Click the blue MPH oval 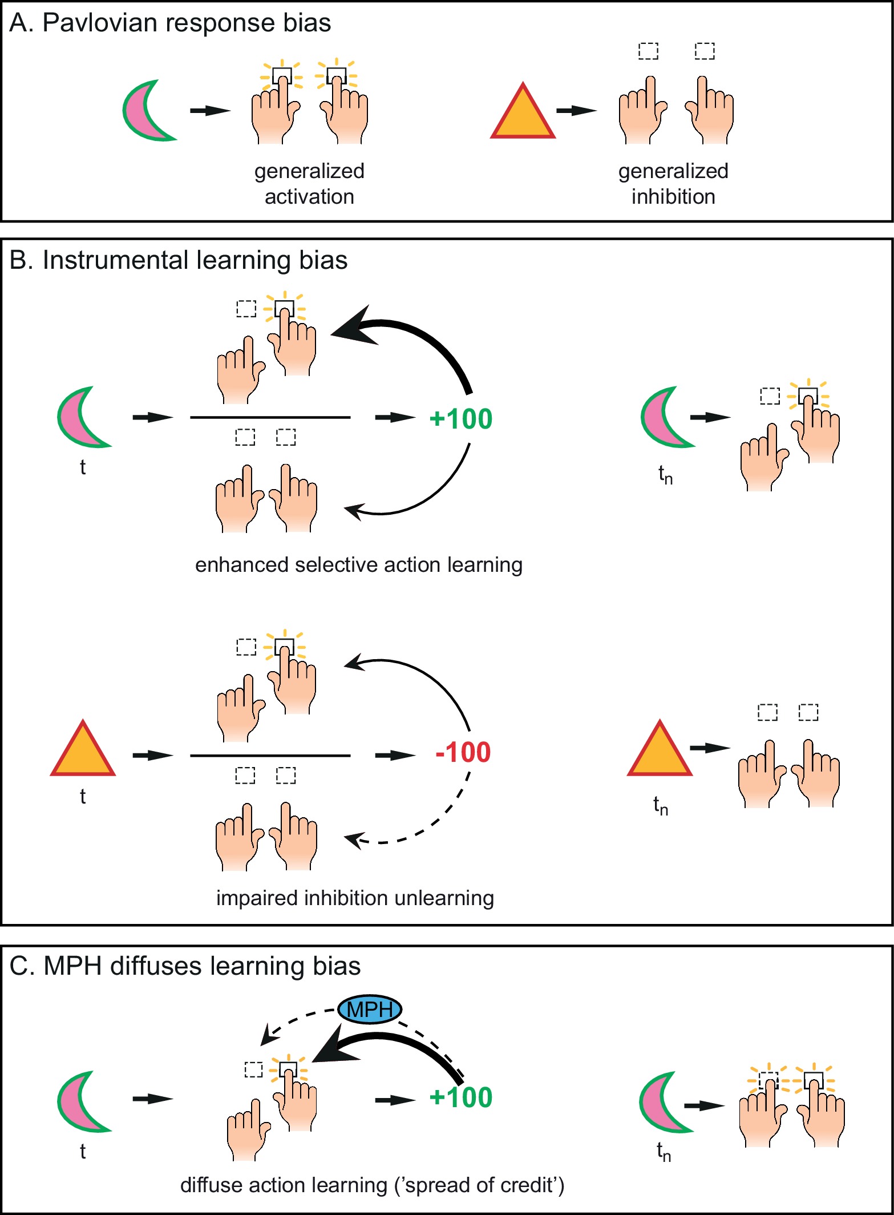370,1010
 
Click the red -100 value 463,752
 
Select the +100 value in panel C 461,1097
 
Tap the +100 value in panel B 461,418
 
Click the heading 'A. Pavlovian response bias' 170,23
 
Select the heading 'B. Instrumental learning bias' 178,260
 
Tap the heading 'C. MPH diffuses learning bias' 185,966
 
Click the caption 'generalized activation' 309,184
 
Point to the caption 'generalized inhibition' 673,184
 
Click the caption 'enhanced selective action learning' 359,565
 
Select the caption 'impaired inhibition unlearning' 355,898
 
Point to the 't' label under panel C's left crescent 83,1151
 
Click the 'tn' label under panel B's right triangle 661,805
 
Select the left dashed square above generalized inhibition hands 648,51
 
